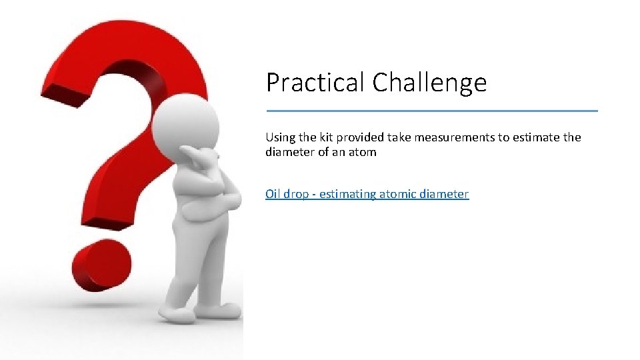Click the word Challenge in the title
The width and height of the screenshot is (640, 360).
[429, 83]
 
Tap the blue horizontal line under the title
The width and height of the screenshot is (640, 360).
[432, 111]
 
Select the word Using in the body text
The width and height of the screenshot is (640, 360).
[280, 137]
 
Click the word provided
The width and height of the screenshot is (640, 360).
[360, 137]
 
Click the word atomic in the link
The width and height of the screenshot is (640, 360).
[397, 194]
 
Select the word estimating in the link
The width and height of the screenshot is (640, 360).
[347, 194]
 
